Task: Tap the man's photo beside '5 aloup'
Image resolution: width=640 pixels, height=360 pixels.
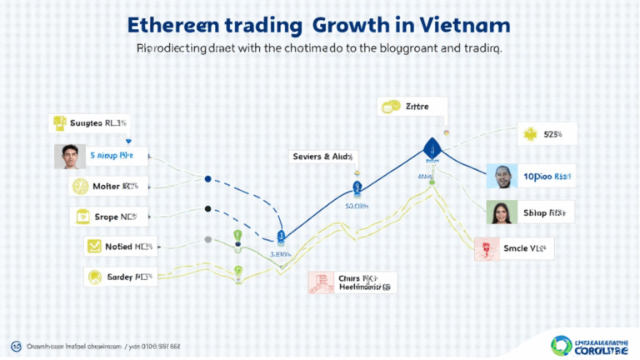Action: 68,156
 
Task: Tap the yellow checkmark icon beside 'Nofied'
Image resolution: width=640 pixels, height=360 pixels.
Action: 92,247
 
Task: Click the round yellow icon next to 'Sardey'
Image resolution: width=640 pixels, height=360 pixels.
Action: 93,277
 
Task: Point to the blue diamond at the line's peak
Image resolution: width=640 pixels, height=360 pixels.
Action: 431,147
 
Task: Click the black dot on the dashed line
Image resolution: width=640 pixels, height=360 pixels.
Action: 207,208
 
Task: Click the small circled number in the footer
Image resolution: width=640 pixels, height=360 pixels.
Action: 15,345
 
